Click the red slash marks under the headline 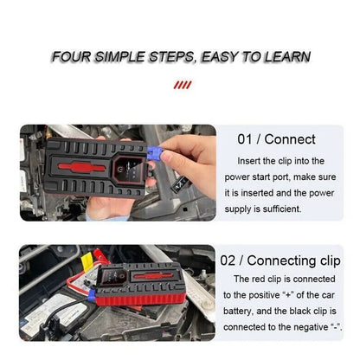click(x=183, y=85)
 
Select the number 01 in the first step click(x=245, y=139)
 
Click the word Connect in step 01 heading click(x=290, y=139)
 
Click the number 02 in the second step click(x=228, y=260)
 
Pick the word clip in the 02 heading click(x=331, y=261)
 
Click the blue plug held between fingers click(x=155, y=153)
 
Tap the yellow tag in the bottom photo click(x=87, y=262)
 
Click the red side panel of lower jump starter click(x=138, y=299)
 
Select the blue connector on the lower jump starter click(x=92, y=295)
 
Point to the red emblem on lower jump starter click(x=153, y=276)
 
